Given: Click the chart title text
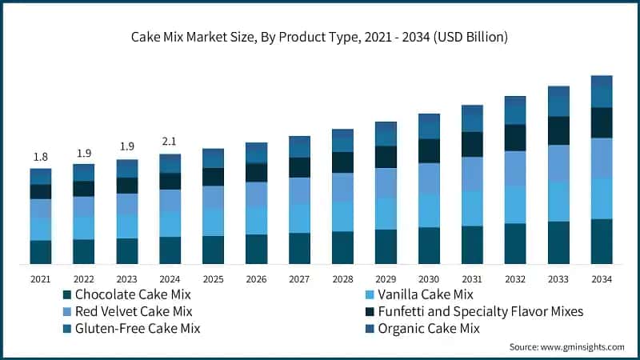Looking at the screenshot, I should tap(320, 38).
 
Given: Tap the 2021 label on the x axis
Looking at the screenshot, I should tap(40, 279).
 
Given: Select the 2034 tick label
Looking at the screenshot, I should tap(601, 279).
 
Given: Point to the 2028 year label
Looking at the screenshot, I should tap(342, 279).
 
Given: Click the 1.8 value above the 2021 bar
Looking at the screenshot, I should tap(40, 157).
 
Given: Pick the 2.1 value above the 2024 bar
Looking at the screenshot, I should tap(170, 142).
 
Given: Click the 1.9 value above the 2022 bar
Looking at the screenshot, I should tap(83, 153).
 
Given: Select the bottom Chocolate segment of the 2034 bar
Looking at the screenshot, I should tap(601, 241).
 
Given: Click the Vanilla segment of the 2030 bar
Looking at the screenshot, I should tap(429, 210).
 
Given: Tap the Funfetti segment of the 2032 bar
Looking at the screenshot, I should tap(515, 138).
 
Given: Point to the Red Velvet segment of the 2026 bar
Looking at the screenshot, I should tap(256, 194).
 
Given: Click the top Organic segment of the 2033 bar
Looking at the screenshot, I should tap(558, 93).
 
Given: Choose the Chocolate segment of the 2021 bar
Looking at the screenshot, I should tap(40, 252).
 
